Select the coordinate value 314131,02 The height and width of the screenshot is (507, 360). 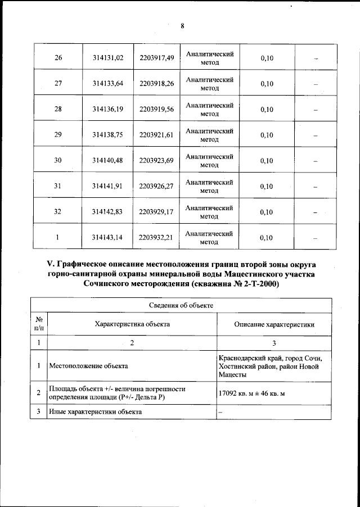click(108, 58)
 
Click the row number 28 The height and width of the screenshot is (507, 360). click(58, 109)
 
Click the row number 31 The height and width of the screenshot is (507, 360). click(58, 186)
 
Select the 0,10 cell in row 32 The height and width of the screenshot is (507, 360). click(267, 212)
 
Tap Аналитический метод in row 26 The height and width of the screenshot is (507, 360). click(209, 58)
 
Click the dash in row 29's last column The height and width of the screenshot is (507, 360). click(316, 135)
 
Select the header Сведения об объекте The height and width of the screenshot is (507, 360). click(181, 305)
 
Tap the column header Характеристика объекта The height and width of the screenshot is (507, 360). click(132, 324)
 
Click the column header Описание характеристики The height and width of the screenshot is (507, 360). click(274, 324)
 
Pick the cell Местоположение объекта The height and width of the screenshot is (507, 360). click(89, 366)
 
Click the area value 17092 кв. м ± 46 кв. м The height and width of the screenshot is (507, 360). click(251, 392)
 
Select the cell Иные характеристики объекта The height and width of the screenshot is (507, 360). click(96, 412)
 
